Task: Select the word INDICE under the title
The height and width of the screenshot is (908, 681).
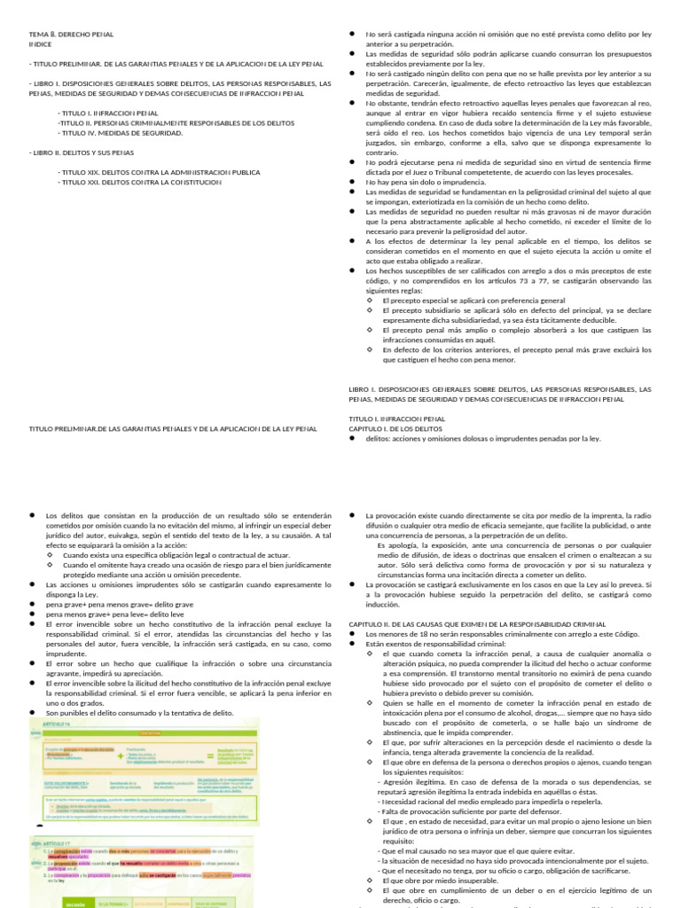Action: pyautogui.click(x=40, y=43)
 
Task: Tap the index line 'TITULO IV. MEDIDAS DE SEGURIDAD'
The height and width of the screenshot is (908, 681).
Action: pyautogui.click(x=121, y=132)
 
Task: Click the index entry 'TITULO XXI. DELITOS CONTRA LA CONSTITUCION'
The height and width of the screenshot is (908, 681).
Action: pyautogui.click(x=139, y=182)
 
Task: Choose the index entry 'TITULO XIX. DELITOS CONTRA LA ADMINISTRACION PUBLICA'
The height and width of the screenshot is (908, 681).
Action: pyautogui.click(x=160, y=172)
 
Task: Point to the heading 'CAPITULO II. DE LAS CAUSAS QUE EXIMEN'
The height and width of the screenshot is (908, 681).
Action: pyautogui.click(x=477, y=624)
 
